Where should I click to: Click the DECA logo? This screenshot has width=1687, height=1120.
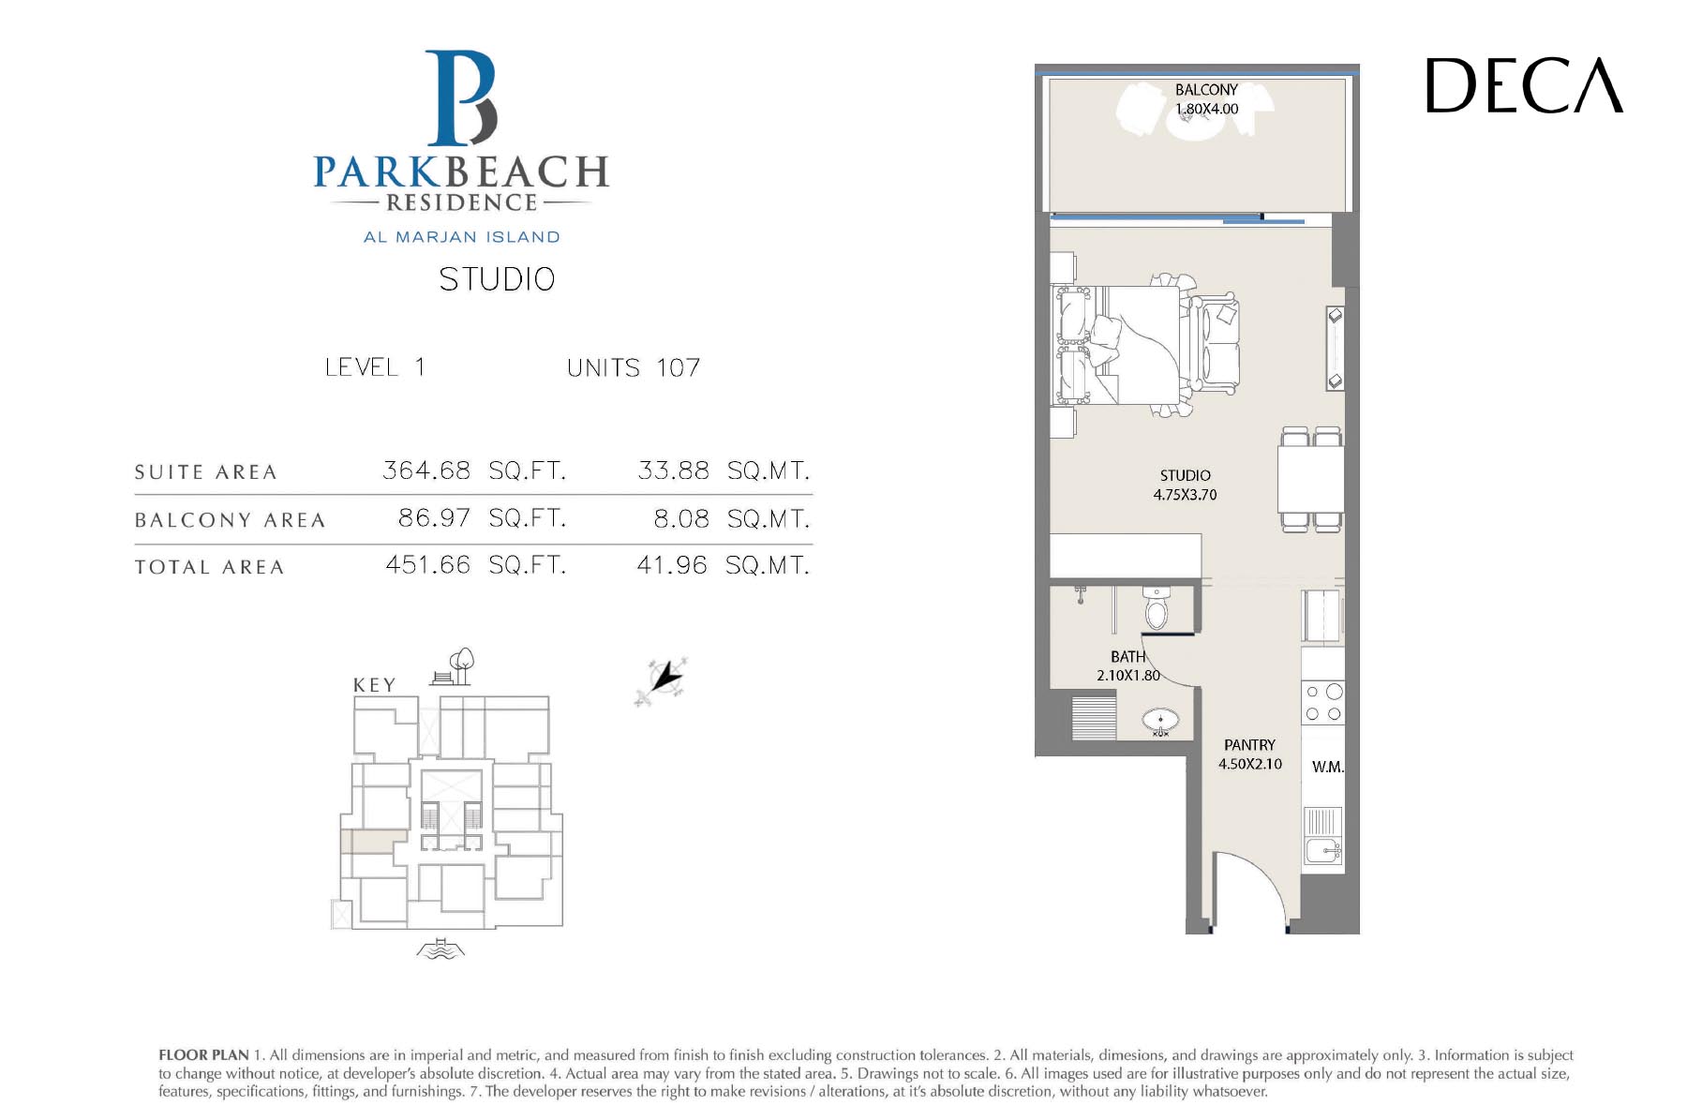pos(1524,85)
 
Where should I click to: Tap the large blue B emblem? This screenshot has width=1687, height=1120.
pos(460,98)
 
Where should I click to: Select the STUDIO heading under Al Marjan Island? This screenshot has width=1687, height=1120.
pos(497,279)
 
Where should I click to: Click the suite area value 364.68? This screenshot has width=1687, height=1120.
pos(426,470)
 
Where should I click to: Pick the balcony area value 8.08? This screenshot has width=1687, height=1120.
pos(681,518)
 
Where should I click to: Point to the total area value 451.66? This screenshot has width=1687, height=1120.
pos(427,564)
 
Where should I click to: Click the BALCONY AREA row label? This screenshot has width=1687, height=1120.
pos(230,520)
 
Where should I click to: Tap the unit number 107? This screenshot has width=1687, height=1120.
pos(678,367)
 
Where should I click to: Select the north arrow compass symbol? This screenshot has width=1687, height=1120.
pos(663,680)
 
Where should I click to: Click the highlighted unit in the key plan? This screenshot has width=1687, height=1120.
pos(373,841)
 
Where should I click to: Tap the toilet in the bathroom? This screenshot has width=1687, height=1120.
pos(1157,607)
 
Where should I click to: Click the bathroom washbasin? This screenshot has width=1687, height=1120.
pos(1160,723)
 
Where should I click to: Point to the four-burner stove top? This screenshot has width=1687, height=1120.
pos(1323,703)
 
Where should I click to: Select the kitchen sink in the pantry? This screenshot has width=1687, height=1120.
pos(1322,851)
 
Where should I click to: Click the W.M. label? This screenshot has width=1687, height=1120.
pos(1328,767)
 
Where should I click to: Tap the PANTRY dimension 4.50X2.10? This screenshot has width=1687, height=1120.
pos(1249,764)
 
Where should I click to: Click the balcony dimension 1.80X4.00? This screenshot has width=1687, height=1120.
pos(1206,109)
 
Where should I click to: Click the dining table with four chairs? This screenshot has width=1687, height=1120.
pos(1310,479)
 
